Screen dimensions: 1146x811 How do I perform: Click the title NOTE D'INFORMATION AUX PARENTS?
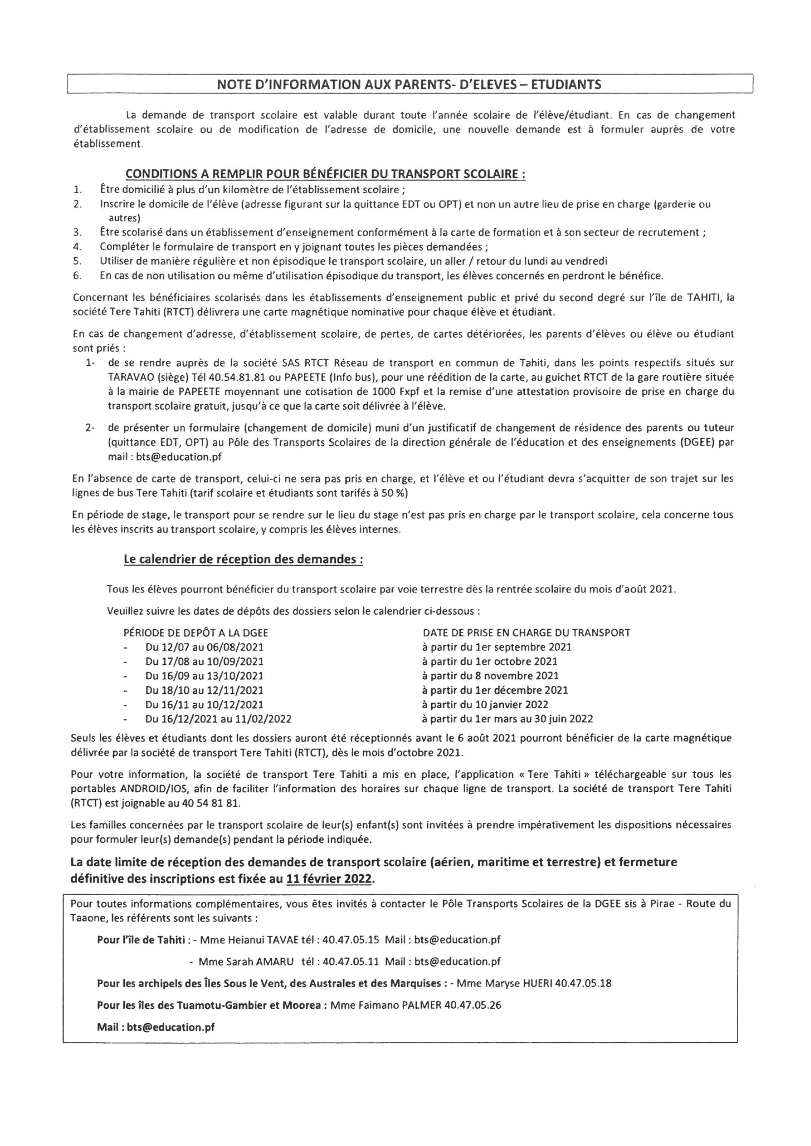[x=409, y=85]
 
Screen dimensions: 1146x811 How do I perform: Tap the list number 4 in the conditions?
[x=77, y=246]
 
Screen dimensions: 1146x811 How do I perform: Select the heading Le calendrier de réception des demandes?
[x=243, y=559]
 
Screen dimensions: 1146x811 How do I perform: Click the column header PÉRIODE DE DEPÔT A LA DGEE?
[x=196, y=633]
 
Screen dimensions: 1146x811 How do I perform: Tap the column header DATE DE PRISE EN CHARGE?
[x=527, y=633]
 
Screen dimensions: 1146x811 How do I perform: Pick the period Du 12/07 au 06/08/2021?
[x=204, y=647]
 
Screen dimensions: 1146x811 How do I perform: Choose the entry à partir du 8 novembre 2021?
[x=490, y=676]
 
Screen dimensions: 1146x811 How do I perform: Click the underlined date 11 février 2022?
[x=330, y=879]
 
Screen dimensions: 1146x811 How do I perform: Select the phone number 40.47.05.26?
[x=473, y=1005]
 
